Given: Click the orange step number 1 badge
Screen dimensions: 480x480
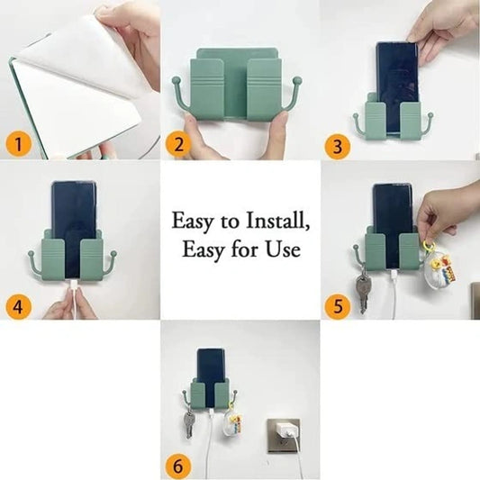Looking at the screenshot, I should (x=17, y=141).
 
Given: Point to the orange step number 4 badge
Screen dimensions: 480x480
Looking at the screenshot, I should (x=17, y=304).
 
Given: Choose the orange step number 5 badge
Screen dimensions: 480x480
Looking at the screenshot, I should (x=336, y=304).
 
